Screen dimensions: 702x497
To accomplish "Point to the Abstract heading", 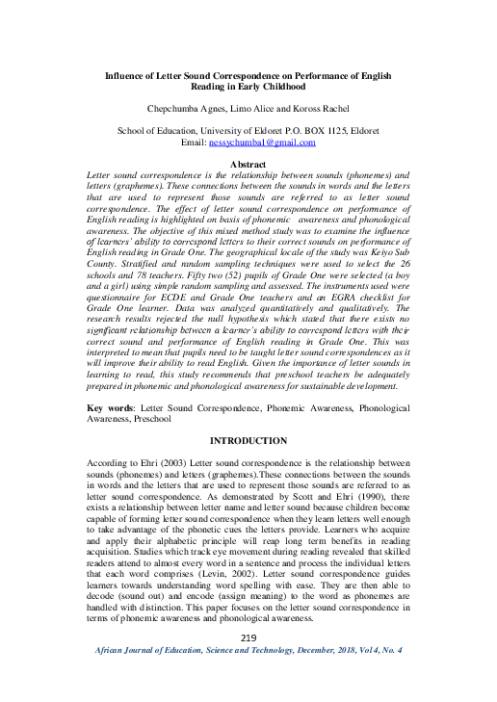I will [x=248, y=165].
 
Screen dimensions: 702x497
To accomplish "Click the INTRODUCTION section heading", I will [x=248, y=440].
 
